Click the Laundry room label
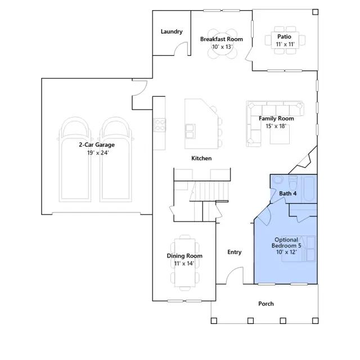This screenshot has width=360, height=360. pos(172,31)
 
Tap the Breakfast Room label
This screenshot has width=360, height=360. pos(221,39)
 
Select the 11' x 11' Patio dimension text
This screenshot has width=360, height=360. pos(285,44)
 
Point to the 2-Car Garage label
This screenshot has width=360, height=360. pos(97,145)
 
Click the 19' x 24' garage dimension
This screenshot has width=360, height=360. pos(98,152)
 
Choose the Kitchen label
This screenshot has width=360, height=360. pos(201,158)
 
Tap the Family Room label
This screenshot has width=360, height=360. pos(276,119)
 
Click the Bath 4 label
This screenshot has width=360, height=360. pos(287,193)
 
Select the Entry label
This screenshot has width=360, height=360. pos(234,252)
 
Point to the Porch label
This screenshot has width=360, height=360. pos(266,304)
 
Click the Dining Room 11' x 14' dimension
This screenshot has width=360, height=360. pos(184,263)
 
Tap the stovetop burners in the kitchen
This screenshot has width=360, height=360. pos(159,125)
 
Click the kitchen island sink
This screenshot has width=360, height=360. pos(190,131)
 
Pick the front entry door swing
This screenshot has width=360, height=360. pos(234,275)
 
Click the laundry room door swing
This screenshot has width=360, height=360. pos(181,48)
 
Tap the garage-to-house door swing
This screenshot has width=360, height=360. pos(139,88)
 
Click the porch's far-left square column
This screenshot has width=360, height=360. pos(214,321)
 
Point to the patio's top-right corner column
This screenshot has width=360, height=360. pos(316,12)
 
